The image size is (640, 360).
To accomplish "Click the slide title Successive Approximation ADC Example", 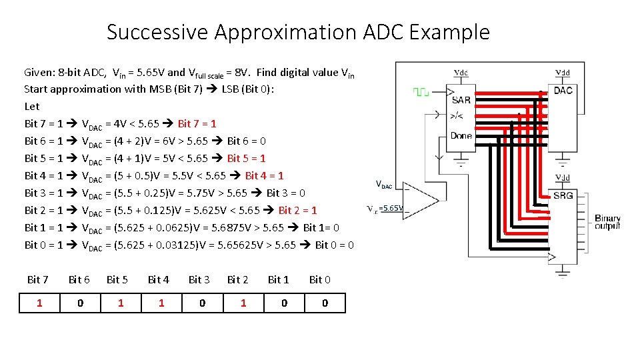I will click(x=298, y=32).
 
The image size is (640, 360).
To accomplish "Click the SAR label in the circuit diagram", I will click(x=461, y=100).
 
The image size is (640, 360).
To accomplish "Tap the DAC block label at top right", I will click(x=563, y=91).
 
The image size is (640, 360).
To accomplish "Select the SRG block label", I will click(x=563, y=195).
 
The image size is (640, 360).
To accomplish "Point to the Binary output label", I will click(x=607, y=222).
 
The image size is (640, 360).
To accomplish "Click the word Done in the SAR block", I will click(x=461, y=135).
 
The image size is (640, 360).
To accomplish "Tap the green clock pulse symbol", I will click(x=421, y=92).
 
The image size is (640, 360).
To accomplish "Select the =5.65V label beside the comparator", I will click(x=391, y=208).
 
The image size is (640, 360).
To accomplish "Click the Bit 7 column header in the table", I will click(x=37, y=279).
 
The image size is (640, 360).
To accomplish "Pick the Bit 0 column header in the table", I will click(x=319, y=279).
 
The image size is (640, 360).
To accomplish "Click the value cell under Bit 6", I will click(x=80, y=303).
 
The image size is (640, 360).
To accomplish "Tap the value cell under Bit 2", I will click(x=243, y=303).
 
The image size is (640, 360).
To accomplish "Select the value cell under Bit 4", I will click(x=161, y=303).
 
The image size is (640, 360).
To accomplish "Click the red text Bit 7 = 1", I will click(x=197, y=123).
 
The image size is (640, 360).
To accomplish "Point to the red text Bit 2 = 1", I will click(x=297, y=210).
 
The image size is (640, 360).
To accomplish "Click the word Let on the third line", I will click(x=31, y=106).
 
